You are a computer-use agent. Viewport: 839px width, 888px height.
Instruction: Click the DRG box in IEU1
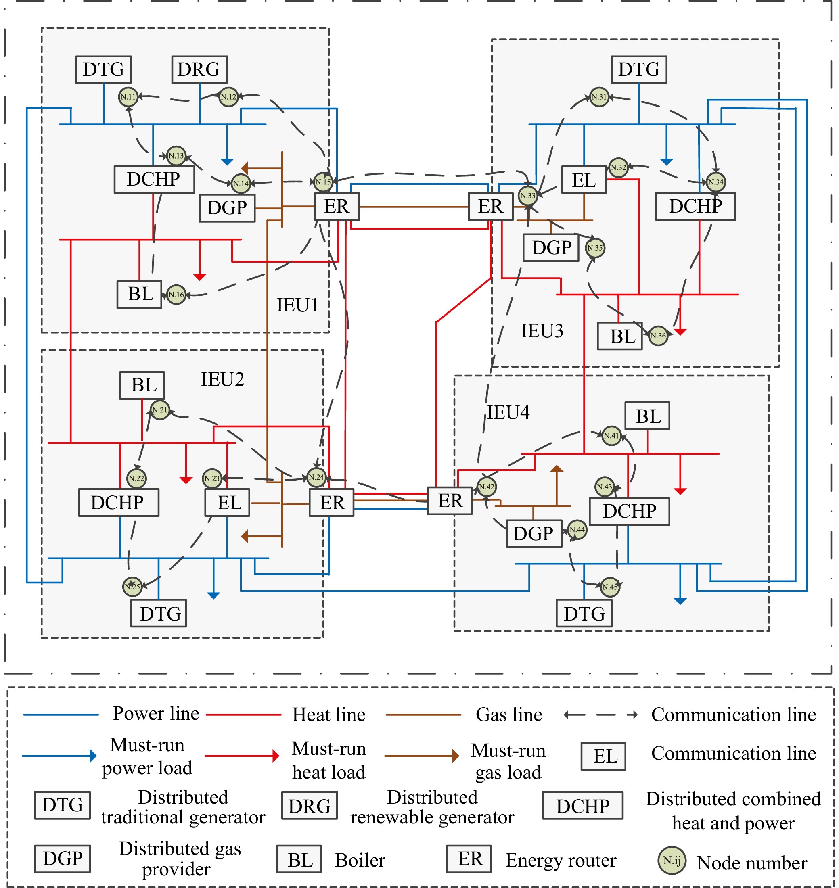199,70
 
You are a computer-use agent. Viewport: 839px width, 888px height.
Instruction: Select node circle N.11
128,97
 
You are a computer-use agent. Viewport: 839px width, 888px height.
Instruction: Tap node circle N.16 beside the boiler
176,295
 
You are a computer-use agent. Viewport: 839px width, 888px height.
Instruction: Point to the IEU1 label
297,305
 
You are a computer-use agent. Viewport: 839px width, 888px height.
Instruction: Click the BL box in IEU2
142,385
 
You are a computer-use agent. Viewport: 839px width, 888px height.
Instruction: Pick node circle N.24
317,477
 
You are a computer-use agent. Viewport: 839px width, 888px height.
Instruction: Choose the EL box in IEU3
584,180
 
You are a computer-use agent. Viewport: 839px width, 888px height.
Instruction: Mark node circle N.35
595,248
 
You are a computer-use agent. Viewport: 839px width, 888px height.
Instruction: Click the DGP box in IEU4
534,533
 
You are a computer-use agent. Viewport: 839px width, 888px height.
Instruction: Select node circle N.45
610,587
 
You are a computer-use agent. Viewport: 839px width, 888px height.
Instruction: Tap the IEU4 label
508,412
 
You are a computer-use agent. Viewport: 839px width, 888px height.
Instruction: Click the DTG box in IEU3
639,70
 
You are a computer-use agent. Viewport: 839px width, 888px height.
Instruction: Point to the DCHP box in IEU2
119,503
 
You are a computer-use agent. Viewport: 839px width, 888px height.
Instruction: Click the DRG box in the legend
310,806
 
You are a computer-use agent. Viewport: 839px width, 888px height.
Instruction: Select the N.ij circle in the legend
672,860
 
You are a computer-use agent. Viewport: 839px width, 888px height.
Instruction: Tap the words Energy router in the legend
561,860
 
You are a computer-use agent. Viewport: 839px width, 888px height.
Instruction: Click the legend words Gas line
509,715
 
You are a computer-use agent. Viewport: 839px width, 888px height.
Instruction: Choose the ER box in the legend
469,859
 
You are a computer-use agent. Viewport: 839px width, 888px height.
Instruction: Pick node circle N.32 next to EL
619,168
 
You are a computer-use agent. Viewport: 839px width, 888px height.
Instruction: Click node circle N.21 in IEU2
160,410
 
